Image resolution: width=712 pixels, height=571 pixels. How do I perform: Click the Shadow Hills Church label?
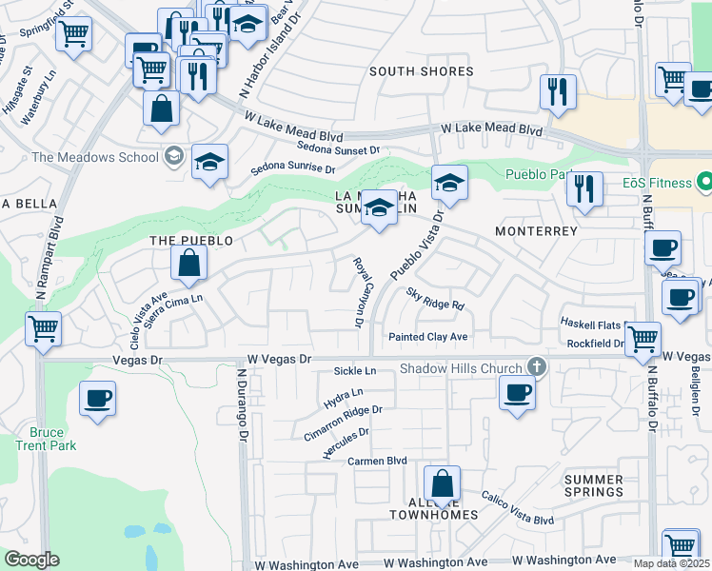click(461, 369)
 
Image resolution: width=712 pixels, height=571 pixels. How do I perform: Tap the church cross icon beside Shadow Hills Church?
click(537, 366)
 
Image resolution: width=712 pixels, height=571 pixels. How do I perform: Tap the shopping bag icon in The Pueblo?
click(189, 264)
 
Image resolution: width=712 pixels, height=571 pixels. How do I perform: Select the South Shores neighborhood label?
click(421, 71)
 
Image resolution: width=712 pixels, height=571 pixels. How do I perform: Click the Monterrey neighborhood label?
click(537, 231)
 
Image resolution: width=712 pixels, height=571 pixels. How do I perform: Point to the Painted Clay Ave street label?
click(427, 337)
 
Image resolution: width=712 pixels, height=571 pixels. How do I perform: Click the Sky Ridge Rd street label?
click(435, 300)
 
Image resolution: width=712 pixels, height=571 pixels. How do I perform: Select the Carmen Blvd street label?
click(377, 461)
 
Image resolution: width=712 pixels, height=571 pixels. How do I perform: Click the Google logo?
click(30, 560)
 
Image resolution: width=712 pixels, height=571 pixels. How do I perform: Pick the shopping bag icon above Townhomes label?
click(442, 484)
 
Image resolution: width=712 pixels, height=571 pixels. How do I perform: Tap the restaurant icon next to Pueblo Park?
click(584, 188)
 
